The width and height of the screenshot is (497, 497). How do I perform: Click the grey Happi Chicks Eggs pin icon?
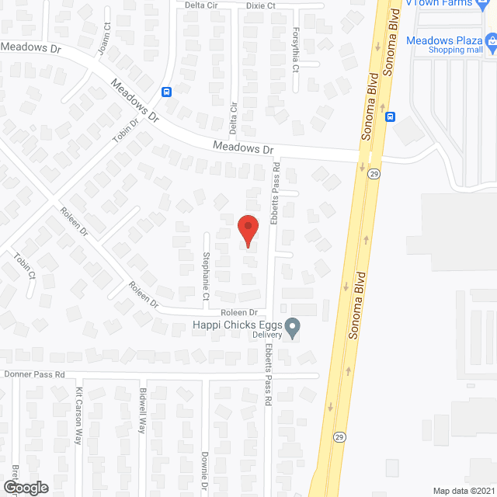point(293,328)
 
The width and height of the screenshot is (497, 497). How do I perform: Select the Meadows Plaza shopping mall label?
point(457,40)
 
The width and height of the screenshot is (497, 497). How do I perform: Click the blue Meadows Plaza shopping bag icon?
point(491,40)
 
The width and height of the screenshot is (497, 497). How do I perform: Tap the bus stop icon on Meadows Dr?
point(167,92)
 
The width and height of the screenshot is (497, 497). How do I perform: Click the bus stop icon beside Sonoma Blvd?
point(391,117)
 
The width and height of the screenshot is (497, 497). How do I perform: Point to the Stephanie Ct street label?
point(206,276)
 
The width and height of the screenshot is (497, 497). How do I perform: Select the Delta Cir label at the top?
point(200,5)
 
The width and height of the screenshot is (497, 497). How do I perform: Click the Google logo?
point(25,487)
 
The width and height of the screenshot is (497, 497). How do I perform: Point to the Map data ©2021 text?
point(464,491)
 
